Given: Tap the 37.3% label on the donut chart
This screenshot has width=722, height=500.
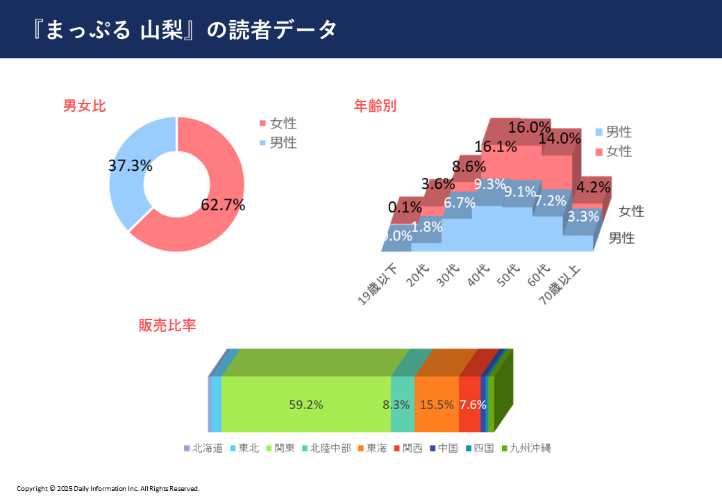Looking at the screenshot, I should click(x=131, y=165).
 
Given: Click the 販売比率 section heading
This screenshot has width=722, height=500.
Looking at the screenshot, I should click(x=167, y=325).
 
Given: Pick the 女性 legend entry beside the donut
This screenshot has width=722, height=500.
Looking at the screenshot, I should click(x=278, y=124).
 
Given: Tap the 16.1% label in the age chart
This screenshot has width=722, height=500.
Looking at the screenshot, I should click(x=496, y=147).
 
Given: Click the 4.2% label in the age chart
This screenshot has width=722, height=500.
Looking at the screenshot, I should click(x=594, y=187).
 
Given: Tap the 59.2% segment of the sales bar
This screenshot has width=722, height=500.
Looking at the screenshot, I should click(x=306, y=405).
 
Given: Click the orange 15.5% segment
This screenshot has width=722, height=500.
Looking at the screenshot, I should click(x=437, y=405).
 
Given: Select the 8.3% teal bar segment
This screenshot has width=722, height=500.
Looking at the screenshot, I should click(x=402, y=405).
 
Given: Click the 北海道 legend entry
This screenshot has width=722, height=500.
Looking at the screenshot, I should click(x=203, y=448).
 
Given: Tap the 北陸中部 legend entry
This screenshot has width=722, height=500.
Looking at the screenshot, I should click(x=326, y=448).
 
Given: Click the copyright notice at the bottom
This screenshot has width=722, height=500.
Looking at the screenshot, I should click(x=108, y=489).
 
